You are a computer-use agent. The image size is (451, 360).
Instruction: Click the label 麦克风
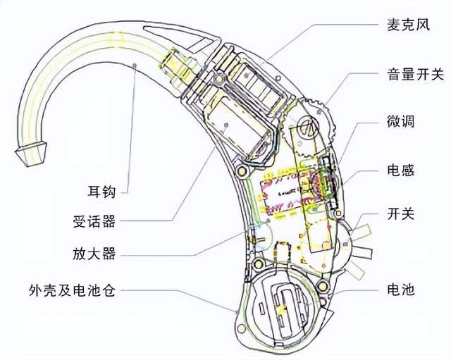[408, 25]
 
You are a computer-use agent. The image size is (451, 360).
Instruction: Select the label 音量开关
[416, 74]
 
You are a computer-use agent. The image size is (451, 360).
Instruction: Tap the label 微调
[401, 121]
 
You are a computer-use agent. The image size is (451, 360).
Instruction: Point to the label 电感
[401, 170]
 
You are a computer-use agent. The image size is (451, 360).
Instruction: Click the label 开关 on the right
[401, 214]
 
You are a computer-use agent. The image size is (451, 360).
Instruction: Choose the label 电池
[401, 290]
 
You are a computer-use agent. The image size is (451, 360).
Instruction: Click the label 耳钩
[101, 192]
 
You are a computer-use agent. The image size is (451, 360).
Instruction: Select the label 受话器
[94, 221]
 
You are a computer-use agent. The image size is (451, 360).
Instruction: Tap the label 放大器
[94, 254]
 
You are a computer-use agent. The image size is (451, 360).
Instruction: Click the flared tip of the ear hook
[31, 154]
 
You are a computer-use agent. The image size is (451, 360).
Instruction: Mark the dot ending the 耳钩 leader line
[135, 66]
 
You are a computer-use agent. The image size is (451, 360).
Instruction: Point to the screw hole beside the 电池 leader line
[322, 286]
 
